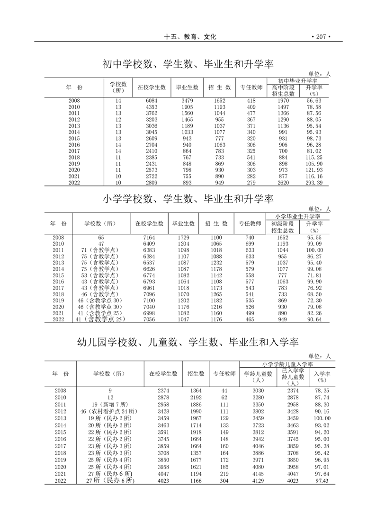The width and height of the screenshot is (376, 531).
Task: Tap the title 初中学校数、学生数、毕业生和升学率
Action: [188, 64]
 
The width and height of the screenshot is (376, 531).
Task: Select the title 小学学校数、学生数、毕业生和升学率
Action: [188, 199]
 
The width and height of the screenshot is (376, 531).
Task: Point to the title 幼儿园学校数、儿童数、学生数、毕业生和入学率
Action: [188, 341]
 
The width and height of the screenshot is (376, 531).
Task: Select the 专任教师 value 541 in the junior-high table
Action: [251, 157]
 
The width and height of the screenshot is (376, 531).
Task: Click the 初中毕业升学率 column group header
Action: [297, 81]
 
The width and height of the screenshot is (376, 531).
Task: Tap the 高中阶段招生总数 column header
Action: [283, 90]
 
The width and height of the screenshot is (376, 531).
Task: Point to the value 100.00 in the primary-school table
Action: [314, 250]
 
